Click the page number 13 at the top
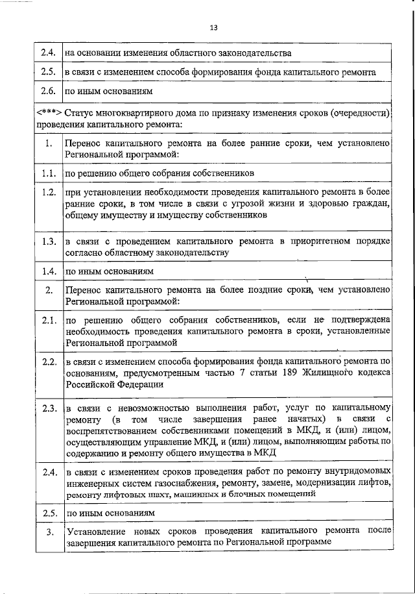214,27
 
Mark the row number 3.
48,532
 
